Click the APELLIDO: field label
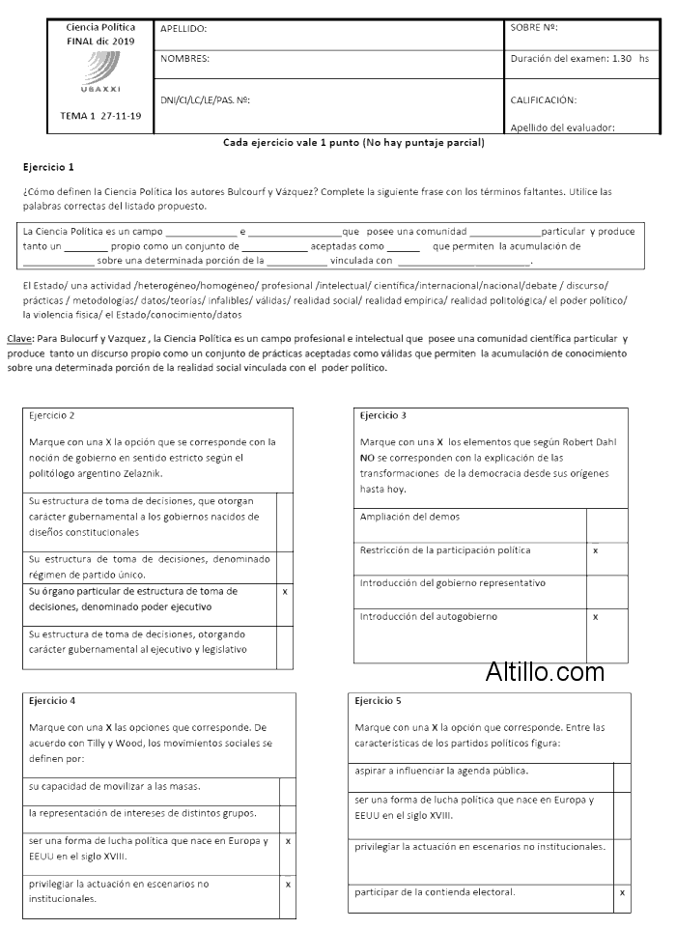pos(183,30)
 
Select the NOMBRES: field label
pos(184,59)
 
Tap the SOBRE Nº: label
pos(534,28)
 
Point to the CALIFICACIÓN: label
pos(543,99)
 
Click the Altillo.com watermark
pos(546,671)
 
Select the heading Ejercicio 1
pos(48,167)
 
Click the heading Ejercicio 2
pos(52,415)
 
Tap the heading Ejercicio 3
pos(382,415)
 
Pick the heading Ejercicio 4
pos(52,700)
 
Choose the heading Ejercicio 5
pos(379,700)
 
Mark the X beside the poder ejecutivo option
pos(285,591)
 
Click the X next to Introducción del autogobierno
pos(595,616)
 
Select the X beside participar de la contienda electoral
pos(622,892)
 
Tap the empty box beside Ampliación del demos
pos(606,524)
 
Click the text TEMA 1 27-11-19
pos(100,116)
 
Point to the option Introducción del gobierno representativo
pos(453,583)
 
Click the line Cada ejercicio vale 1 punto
pos(353,143)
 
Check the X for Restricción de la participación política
pos(595,550)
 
